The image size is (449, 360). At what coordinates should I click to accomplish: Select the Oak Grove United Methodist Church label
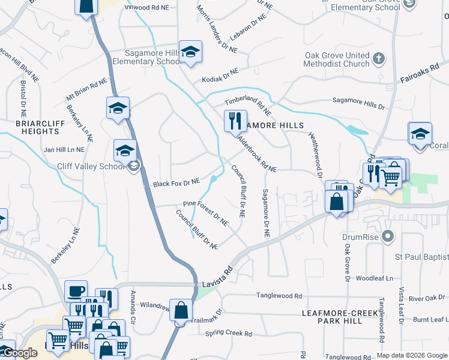[336, 59]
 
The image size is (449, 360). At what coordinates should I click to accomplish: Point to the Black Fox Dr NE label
[176, 182]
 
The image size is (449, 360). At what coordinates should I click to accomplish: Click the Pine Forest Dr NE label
[206, 212]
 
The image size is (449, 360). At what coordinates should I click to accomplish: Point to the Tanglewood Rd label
[279, 296]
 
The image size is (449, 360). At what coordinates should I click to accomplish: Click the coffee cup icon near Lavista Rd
[76, 291]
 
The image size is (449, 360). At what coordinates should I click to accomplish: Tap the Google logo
[22, 353]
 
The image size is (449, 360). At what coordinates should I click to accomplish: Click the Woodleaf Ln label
[374, 278]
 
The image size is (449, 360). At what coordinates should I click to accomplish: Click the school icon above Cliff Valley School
[125, 150]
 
